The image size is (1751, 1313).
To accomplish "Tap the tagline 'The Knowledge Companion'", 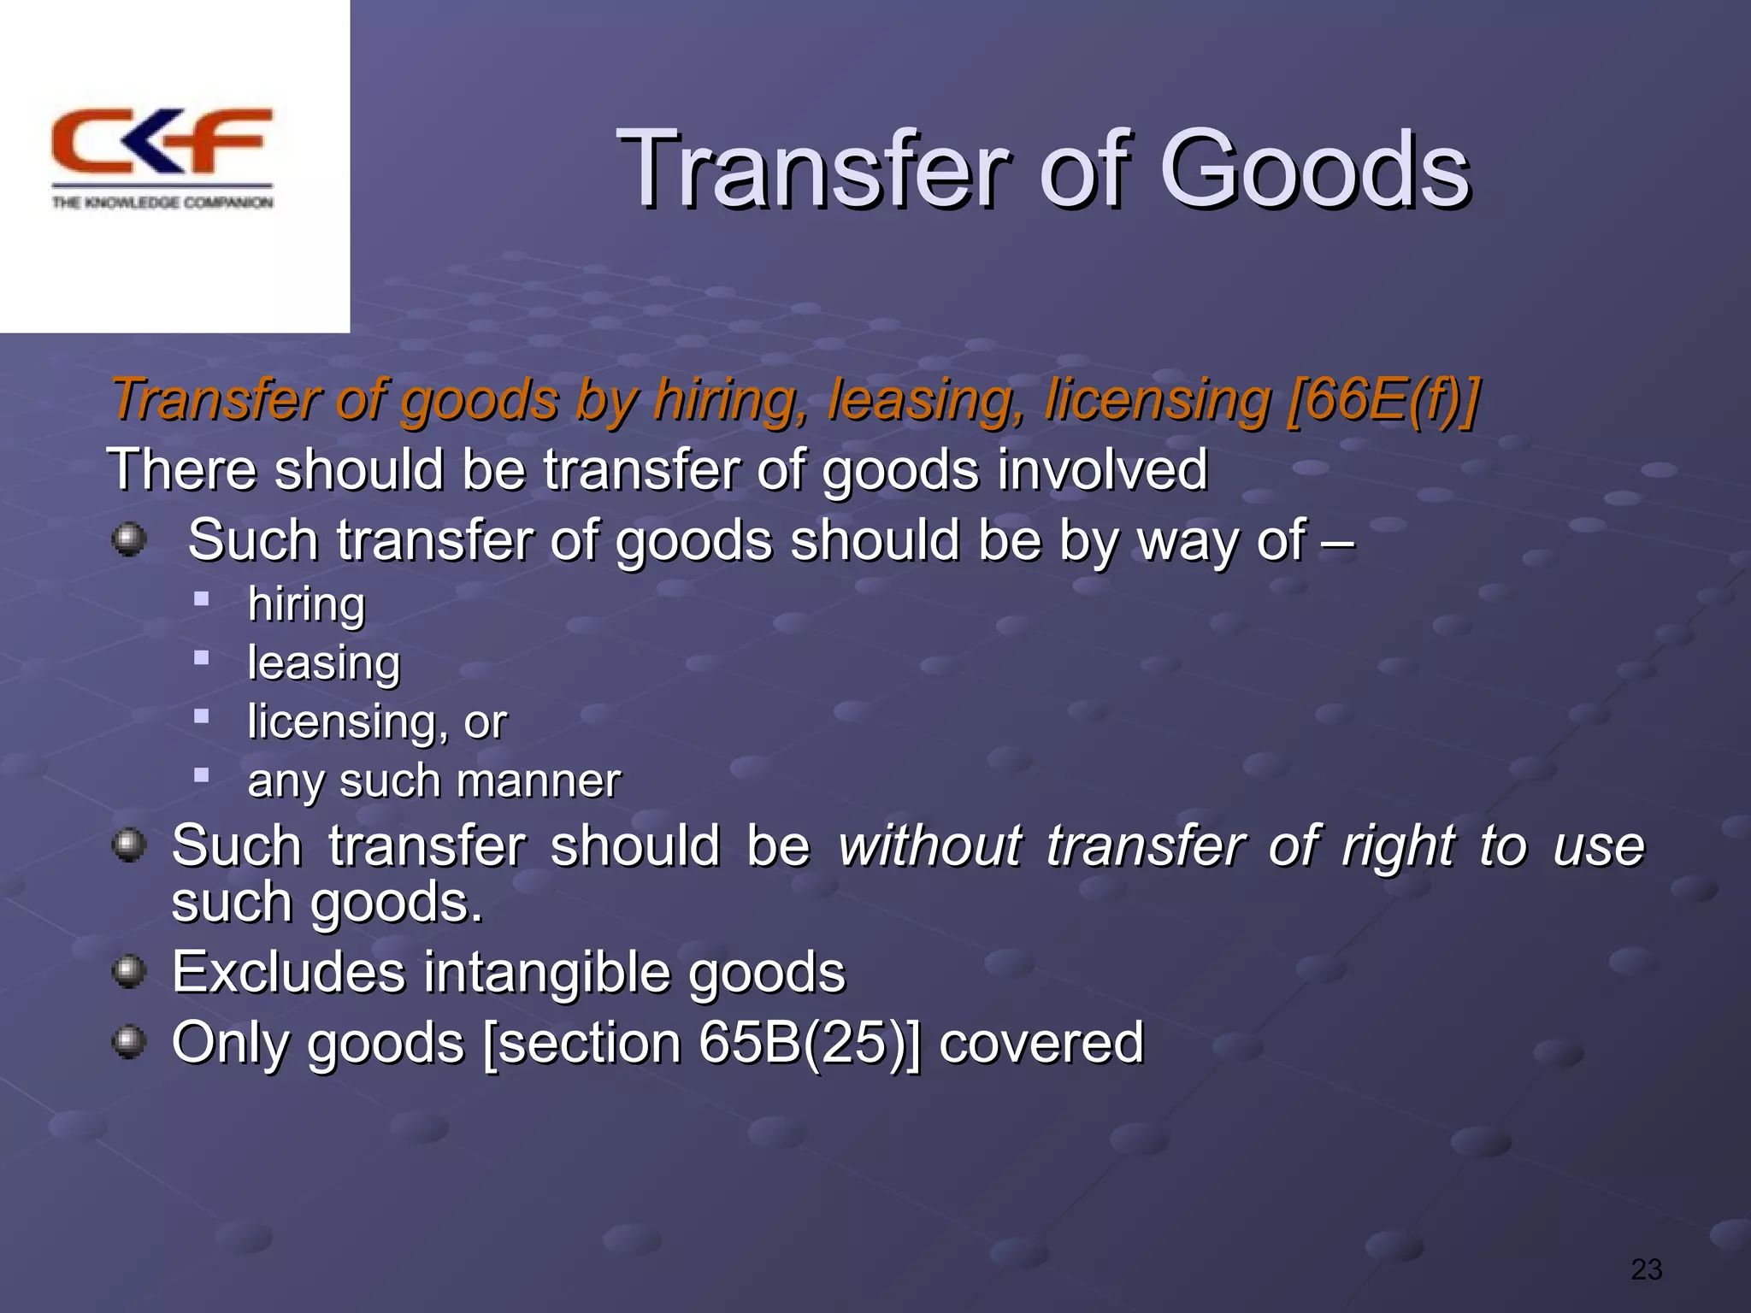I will (x=162, y=203).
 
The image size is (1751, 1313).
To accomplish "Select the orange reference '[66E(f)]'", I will (x=1383, y=400).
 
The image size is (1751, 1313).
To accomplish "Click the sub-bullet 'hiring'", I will (x=306, y=604).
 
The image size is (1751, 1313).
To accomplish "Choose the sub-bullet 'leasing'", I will (x=323, y=662).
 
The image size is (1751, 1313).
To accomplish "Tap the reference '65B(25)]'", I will (x=810, y=1043).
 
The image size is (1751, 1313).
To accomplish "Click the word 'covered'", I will (x=1041, y=1043).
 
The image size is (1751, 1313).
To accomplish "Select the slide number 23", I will (x=1646, y=1269).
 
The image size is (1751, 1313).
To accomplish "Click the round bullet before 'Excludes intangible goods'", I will (x=129, y=971).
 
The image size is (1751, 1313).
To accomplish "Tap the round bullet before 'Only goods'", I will (x=129, y=1042).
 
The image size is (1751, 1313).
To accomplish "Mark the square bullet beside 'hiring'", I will (x=202, y=598).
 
